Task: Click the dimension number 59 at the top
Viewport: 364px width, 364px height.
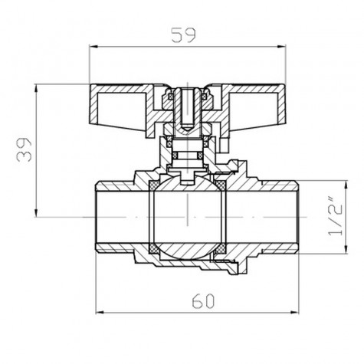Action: pos(183,34)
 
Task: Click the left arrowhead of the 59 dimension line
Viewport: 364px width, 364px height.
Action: pos(94,47)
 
